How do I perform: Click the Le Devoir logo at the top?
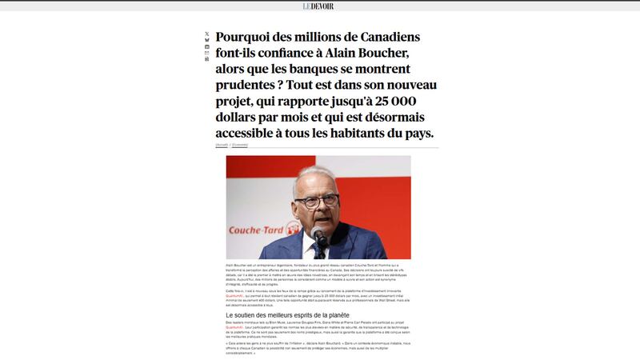click(x=318, y=6)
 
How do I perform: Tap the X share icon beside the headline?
click(x=207, y=34)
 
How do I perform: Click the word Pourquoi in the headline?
click(x=249, y=38)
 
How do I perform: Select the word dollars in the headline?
click(x=240, y=118)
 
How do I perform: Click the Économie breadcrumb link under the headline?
click(x=240, y=145)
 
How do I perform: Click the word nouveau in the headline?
click(x=409, y=86)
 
